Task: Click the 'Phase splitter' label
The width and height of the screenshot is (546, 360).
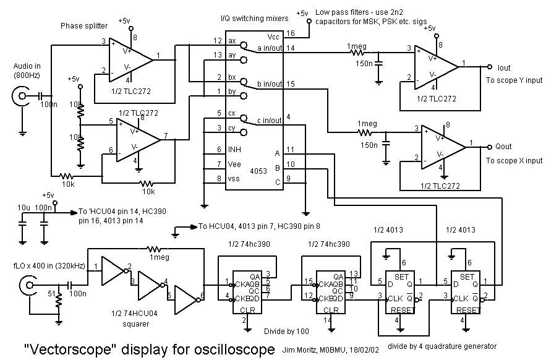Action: click(x=84, y=26)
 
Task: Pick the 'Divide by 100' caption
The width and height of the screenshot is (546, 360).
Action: click(x=268, y=331)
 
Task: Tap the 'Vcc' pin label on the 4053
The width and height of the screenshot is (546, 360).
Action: click(x=273, y=36)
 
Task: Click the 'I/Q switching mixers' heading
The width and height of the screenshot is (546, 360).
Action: click(x=258, y=19)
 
